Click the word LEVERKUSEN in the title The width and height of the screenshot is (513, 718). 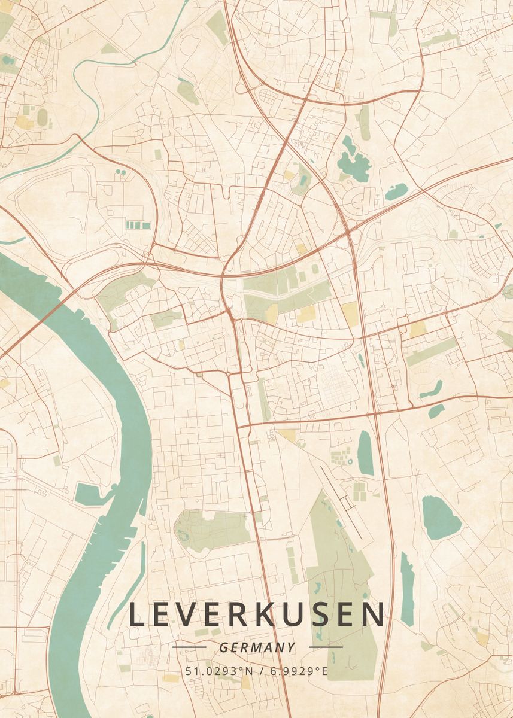(257, 614)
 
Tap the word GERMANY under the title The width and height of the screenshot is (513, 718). (257, 647)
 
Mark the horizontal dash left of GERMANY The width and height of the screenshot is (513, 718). (189, 647)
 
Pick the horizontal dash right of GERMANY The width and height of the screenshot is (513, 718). (326, 647)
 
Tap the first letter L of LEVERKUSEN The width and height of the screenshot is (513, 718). (138, 614)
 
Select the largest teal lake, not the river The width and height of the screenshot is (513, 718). (441, 518)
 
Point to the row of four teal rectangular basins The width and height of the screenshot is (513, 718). (138, 225)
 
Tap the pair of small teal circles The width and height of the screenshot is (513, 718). (121, 172)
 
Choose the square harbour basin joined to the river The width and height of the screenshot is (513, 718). (86, 493)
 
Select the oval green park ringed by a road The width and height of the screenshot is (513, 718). (212, 530)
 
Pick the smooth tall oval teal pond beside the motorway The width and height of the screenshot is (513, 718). (365, 453)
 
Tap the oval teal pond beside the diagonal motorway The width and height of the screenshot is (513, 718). (397, 192)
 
